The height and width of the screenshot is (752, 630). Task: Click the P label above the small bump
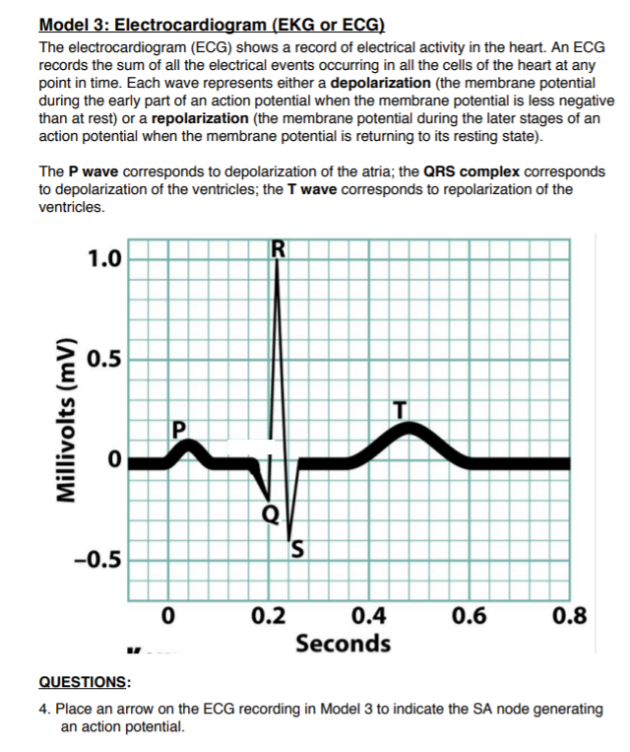point(178,430)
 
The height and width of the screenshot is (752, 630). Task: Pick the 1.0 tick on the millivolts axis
point(104,260)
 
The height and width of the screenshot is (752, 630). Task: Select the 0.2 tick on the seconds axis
point(269,618)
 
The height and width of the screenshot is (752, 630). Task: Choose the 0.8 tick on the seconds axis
point(570,618)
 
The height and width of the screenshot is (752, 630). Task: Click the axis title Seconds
point(343,645)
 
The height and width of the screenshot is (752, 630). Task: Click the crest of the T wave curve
point(413,428)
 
